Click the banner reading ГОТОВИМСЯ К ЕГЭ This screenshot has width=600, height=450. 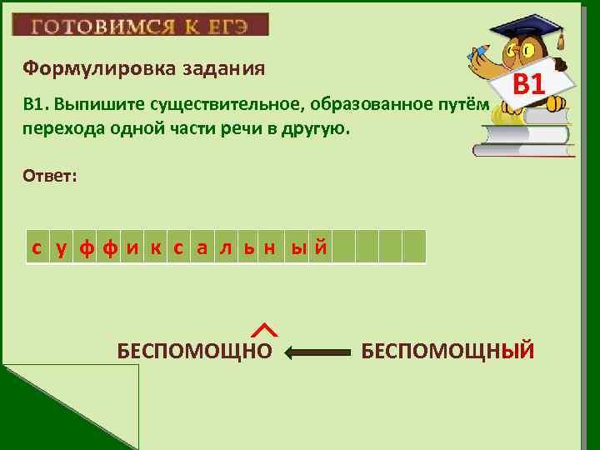(140, 25)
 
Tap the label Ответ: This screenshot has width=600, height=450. (51, 176)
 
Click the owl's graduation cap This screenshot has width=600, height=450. (532, 27)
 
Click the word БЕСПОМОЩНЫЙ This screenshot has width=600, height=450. (447, 351)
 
